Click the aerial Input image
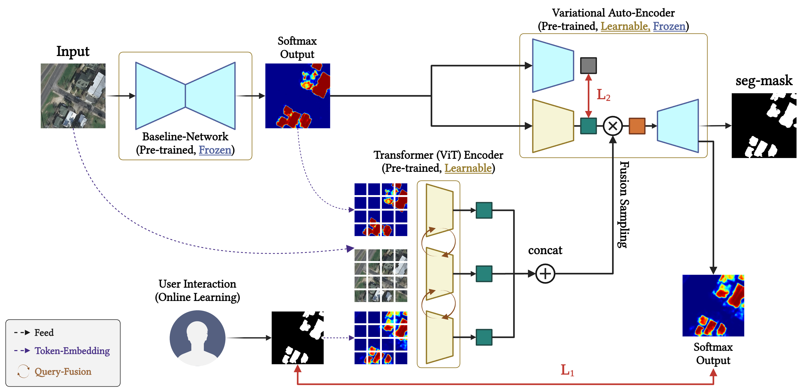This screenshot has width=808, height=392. pyautogui.click(x=73, y=96)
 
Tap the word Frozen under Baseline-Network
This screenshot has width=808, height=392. pyautogui.click(x=215, y=150)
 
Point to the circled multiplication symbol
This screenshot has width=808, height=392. pyautogui.click(x=613, y=126)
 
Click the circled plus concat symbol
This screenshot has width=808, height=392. pyautogui.click(x=545, y=274)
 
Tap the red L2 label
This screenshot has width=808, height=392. pyautogui.click(x=603, y=95)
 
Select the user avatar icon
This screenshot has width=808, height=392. pyautogui.click(x=197, y=338)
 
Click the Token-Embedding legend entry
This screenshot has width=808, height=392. pyautogui.click(x=72, y=351)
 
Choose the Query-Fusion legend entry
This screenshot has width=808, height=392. pyautogui.click(x=63, y=372)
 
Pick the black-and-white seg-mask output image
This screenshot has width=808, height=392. pyautogui.click(x=763, y=126)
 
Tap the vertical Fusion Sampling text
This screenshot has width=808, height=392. pyautogui.click(x=624, y=205)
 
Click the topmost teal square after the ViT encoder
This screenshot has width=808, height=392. pyautogui.click(x=484, y=210)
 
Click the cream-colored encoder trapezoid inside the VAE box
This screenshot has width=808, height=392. pyautogui.click(x=553, y=126)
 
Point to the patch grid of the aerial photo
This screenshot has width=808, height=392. pyautogui.click(x=381, y=275)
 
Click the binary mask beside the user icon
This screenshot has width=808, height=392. pyautogui.click(x=297, y=338)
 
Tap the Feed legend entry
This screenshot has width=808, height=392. pyautogui.click(x=44, y=332)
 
